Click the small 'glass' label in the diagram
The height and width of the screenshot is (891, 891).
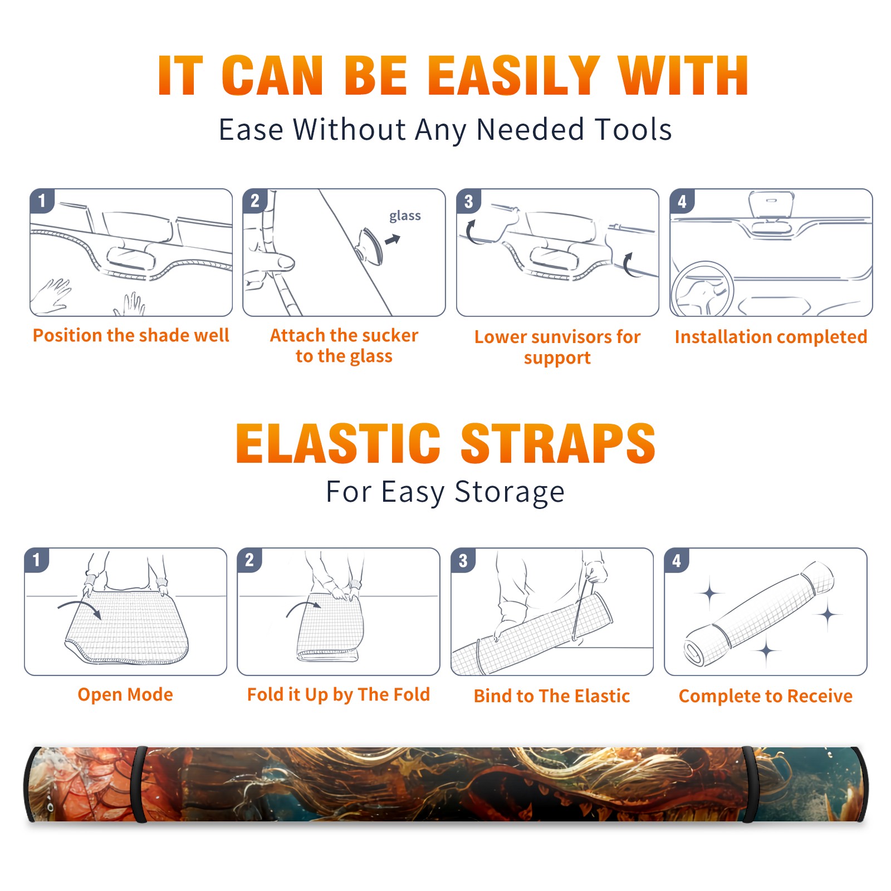pyautogui.click(x=405, y=216)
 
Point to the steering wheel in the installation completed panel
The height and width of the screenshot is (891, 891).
pyautogui.click(x=702, y=289)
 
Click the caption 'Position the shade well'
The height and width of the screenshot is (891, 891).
pyautogui.click(x=131, y=335)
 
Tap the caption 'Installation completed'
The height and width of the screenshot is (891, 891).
pyautogui.click(x=771, y=336)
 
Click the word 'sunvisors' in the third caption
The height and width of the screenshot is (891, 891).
pyautogui.click(x=568, y=337)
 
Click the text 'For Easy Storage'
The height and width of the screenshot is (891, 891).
pyautogui.click(x=445, y=492)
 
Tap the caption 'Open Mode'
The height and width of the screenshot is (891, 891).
pyautogui.click(x=125, y=695)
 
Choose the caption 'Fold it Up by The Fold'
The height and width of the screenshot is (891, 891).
pyautogui.click(x=339, y=695)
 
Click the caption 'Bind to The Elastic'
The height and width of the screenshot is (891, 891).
pyautogui.click(x=552, y=696)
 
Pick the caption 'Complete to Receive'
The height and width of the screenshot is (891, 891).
pyautogui.click(x=766, y=696)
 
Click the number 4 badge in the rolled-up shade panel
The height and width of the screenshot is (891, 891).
pyautogui.click(x=677, y=560)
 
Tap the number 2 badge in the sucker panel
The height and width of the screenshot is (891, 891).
pyautogui.click(x=255, y=200)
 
